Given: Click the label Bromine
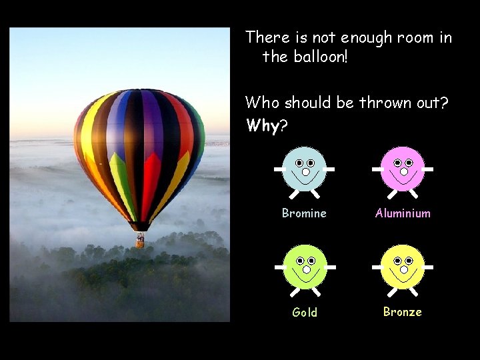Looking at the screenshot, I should point(304,213).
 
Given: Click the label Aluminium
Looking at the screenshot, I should point(403,213).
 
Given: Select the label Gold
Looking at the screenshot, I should point(305,312).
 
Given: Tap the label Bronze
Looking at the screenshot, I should point(402,311).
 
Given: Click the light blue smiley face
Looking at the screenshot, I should point(305,169).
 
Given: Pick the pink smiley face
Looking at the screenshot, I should point(403,169).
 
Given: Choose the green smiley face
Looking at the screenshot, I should point(305,267).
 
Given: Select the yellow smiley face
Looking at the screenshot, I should point(403,267).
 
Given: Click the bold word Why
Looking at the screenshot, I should point(262,125).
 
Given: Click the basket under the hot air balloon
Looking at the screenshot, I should point(140,241).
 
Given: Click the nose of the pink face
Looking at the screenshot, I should point(403,172).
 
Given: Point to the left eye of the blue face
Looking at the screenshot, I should point(299,163).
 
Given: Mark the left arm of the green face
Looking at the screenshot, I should point(281,267).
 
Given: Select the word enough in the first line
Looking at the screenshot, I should point(366,38).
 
